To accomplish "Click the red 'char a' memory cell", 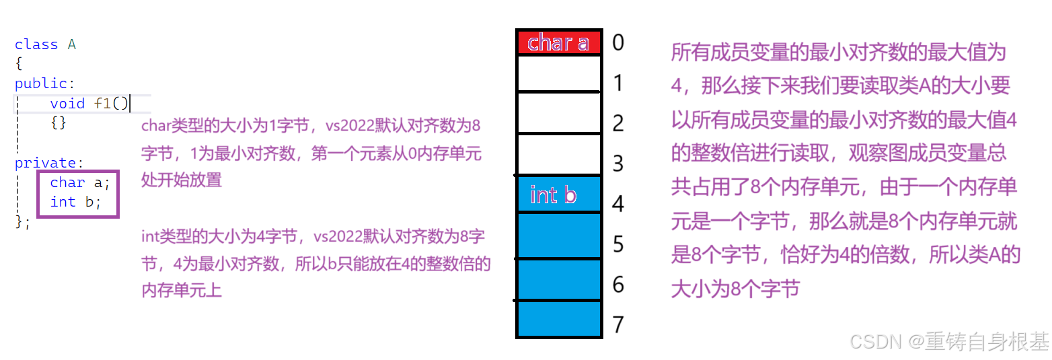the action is coord(558,42).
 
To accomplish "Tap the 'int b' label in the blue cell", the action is coord(554,195).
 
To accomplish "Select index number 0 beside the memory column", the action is coord(617,43).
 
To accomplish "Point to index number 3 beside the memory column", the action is coord(617,164).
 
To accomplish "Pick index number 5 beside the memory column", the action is coord(617,244).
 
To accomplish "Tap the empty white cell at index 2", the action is coord(558,113).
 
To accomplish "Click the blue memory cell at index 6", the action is coord(558,280).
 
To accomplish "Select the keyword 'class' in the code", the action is coord(36,45).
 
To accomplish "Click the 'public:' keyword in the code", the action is coord(41,84).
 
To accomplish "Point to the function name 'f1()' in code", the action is coord(111,104).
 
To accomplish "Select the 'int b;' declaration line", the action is coord(75,202).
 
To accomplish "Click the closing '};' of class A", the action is coord(23,222).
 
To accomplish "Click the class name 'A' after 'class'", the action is coord(72,45).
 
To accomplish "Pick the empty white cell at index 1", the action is coord(558,73).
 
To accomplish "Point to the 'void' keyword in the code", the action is coord(67,104).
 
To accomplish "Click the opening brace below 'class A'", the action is coord(19,65).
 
